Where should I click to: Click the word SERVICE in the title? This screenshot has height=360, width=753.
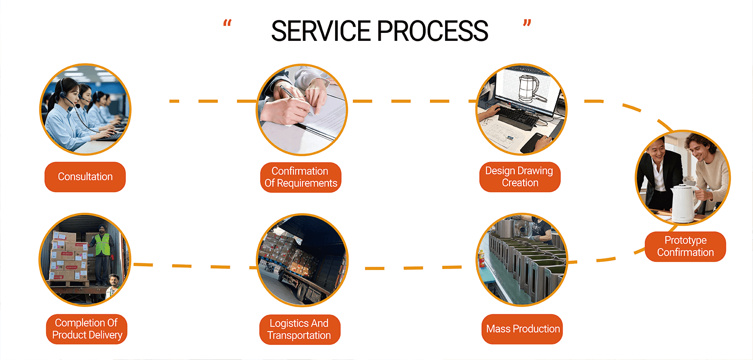(320, 31)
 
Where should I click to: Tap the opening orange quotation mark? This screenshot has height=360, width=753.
(227, 23)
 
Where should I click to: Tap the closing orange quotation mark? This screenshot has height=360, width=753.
(527, 23)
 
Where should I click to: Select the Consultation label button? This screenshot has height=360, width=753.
(85, 177)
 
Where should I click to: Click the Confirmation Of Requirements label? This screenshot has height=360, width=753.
(300, 177)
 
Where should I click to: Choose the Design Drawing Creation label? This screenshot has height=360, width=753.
(520, 177)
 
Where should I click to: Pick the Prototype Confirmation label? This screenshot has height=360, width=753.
(685, 246)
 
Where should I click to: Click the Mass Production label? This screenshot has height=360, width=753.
(522, 329)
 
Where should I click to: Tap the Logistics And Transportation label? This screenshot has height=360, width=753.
(300, 329)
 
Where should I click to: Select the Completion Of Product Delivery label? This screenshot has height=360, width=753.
(87, 329)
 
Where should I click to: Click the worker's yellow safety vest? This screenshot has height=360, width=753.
(103, 245)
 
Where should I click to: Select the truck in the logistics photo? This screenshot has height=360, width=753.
(306, 275)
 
